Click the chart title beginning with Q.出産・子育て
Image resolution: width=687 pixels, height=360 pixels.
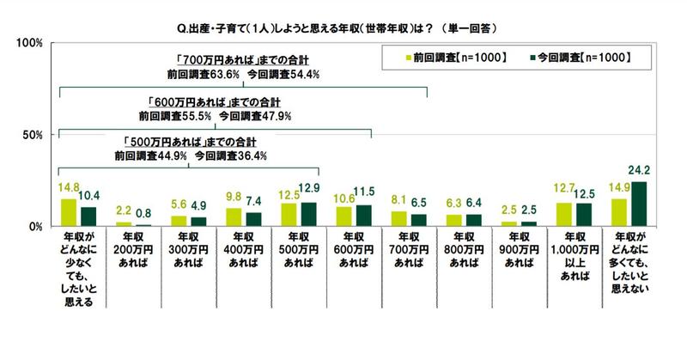coord(343,27)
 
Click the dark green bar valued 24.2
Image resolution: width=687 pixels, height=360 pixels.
coord(639,204)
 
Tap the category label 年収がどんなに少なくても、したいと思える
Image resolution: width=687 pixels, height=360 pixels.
coord(80,266)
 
